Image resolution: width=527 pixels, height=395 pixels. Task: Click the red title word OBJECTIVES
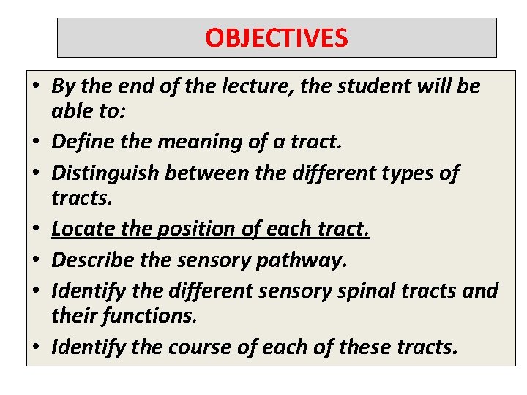276,37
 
